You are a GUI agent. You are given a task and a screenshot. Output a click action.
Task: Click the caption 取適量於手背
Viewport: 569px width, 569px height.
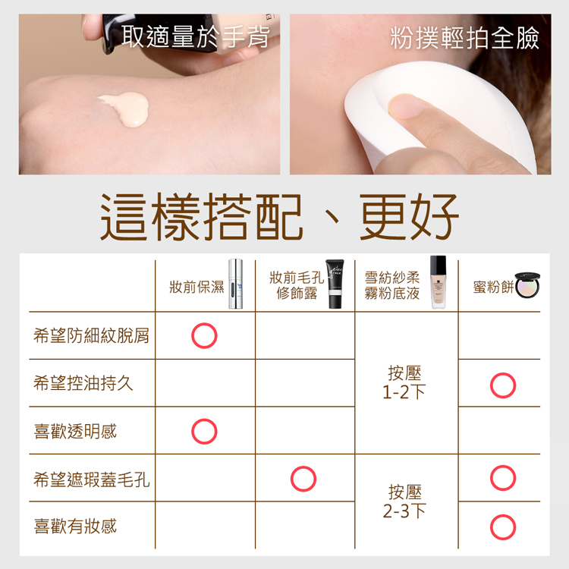(196, 36)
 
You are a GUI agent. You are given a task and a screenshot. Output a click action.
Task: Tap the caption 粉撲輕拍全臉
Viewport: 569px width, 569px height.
(464, 38)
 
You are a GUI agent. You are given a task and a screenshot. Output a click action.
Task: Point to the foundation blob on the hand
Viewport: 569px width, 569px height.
(126, 108)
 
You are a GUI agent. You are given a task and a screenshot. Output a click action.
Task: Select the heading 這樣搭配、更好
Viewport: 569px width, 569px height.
(279, 217)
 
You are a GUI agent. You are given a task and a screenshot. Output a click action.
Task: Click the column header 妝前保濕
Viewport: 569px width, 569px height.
(196, 287)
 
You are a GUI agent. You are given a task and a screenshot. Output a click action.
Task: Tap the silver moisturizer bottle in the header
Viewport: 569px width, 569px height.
(235, 284)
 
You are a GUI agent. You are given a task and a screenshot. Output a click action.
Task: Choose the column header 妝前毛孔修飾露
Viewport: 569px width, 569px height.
(297, 285)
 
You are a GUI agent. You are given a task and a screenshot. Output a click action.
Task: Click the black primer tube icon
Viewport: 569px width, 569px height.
(335, 284)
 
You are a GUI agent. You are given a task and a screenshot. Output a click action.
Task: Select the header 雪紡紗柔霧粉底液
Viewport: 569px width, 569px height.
(392, 285)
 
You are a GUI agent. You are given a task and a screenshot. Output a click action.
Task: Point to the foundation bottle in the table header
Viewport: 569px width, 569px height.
(438, 282)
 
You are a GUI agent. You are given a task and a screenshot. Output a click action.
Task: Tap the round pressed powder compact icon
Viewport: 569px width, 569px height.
(527, 285)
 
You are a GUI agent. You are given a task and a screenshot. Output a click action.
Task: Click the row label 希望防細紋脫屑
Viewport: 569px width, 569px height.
(92, 335)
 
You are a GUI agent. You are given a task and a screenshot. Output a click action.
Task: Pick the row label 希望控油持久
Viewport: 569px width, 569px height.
(83, 383)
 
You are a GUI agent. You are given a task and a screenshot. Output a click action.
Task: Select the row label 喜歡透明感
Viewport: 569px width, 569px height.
(75, 431)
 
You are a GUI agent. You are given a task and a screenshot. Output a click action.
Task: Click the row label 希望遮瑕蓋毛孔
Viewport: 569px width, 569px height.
(92, 479)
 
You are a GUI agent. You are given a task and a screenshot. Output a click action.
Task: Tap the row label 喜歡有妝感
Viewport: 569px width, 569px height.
(75, 527)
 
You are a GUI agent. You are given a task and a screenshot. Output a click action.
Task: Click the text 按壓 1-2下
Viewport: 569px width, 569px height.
(404, 382)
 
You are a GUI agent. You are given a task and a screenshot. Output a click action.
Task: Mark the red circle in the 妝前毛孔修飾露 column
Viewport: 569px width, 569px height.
(303, 466)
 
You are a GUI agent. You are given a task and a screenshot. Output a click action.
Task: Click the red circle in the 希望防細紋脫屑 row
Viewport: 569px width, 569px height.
(204, 322)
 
